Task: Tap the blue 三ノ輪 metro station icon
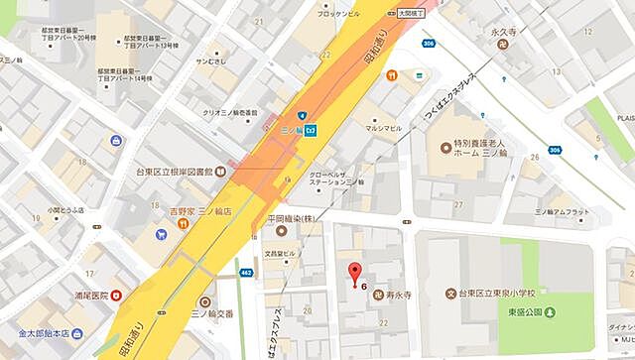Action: point(311,130)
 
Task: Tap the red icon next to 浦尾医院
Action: point(116,294)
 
